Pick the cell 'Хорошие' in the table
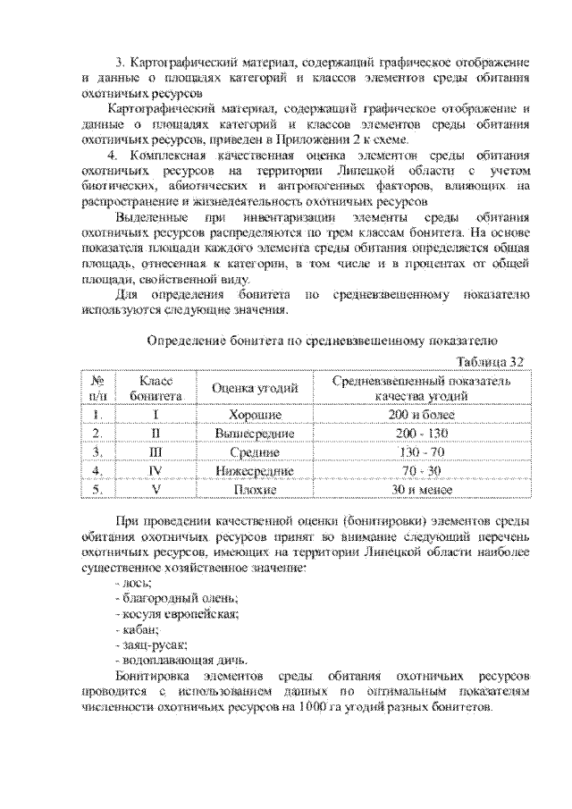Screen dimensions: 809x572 click(255, 415)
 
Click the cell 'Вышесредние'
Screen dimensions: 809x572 click(255, 434)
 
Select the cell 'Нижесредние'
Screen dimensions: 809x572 click(255, 471)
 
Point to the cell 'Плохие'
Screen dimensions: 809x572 click(255, 490)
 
